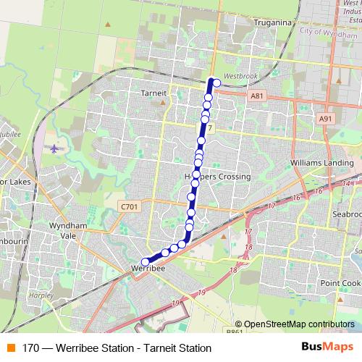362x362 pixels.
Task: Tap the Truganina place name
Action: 272,22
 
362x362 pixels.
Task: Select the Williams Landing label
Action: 319,163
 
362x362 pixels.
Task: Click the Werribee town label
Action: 149,269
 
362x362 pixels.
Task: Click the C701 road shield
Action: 128,207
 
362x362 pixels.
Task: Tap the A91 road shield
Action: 325,119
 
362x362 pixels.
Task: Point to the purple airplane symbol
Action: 56,148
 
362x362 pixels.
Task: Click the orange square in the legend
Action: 9,348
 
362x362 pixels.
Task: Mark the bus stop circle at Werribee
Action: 145,262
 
